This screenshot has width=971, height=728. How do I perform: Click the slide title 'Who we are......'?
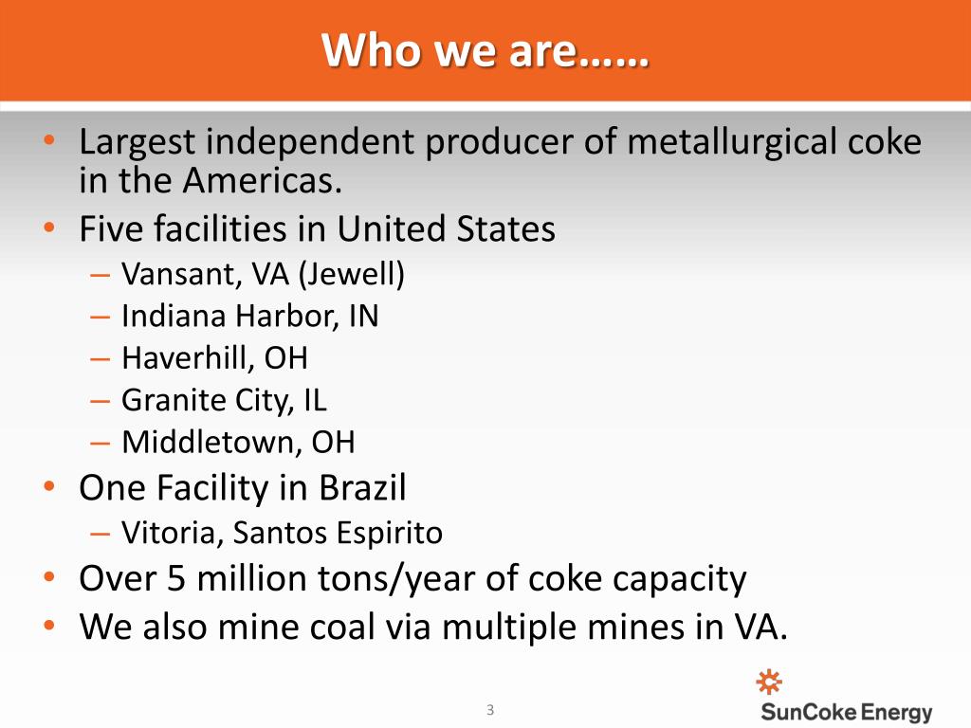[485, 50]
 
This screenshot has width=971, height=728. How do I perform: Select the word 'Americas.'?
[263, 181]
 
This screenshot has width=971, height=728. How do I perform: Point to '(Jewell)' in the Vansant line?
[352, 274]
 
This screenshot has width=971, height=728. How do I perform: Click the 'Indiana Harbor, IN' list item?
[250, 316]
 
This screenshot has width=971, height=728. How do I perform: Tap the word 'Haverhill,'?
[189, 357]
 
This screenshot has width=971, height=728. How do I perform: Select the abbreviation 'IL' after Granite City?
[315, 400]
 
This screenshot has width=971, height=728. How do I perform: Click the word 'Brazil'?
[362, 487]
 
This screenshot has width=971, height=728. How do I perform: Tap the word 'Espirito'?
[390, 534]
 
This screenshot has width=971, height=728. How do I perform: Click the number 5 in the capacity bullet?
[176, 579]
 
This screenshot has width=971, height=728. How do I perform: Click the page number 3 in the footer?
[490, 710]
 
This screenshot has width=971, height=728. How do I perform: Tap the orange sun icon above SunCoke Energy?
[769, 682]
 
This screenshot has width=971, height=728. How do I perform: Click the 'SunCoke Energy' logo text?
[847, 712]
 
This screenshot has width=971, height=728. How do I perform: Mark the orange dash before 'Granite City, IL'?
[100, 401]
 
